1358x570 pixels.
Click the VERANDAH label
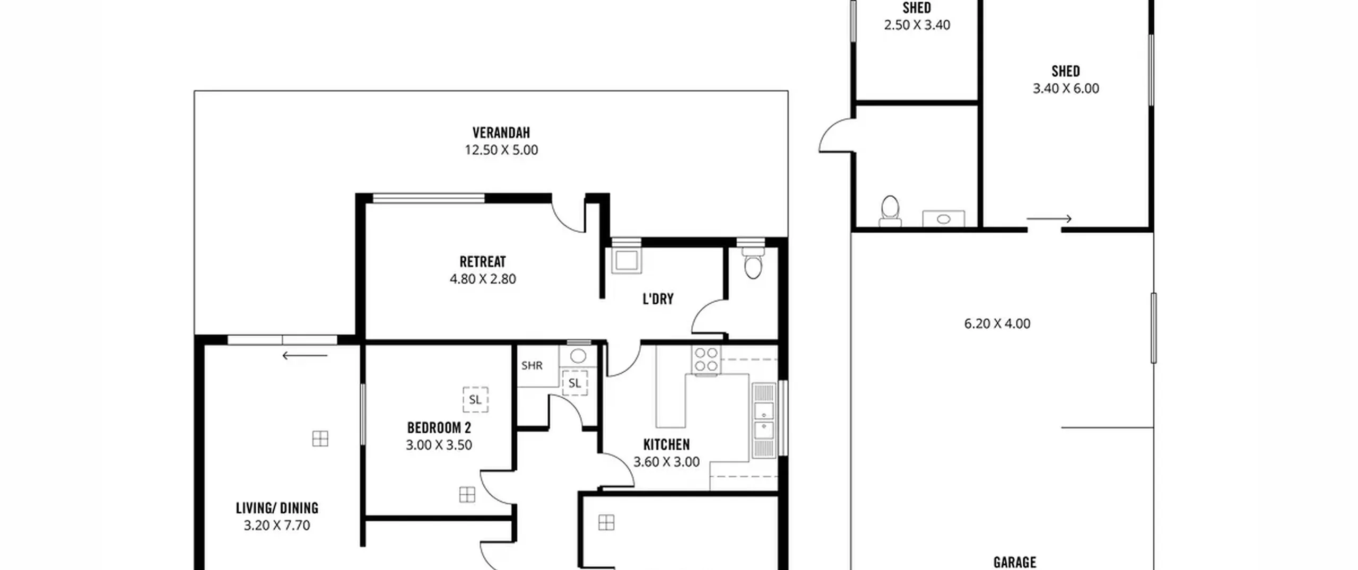pos(501,132)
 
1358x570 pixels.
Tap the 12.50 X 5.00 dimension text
pos(501,150)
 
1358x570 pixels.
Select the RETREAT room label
pos(483,261)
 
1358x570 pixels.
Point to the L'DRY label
pos(658,299)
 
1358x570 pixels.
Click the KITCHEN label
pos(666,444)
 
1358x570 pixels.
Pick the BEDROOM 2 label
pos(439,427)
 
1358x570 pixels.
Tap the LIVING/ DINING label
pos(277,508)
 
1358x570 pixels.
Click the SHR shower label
pos(532,365)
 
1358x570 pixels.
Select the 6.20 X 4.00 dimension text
pos(997,323)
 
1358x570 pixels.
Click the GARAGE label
pos(1014,562)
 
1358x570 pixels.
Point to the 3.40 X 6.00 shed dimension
pos(1066,89)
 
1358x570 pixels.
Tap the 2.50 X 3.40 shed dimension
pos(917,25)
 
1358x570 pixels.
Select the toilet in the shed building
pos(890,212)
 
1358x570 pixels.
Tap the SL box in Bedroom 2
pos(475,399)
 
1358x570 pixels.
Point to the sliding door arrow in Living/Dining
pos(305,355)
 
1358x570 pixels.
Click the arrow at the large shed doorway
pos(1049,218)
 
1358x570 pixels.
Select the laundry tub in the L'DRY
pos(626,260)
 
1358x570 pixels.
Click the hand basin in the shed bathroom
pos(943,218)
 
